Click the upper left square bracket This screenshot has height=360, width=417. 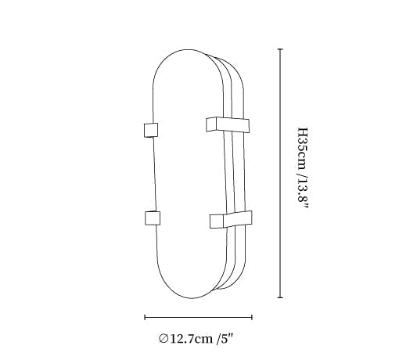coord(151,130)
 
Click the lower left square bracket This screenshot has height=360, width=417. coord(153,218)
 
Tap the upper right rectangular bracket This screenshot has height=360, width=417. coord(228,124)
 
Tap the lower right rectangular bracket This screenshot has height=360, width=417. coord(231,220)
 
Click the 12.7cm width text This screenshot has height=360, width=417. coord(191,339)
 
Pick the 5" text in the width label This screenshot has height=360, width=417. coord(225,339)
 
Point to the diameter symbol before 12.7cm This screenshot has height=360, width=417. coord(164,339)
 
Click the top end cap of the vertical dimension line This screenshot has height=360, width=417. coord(280,49)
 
